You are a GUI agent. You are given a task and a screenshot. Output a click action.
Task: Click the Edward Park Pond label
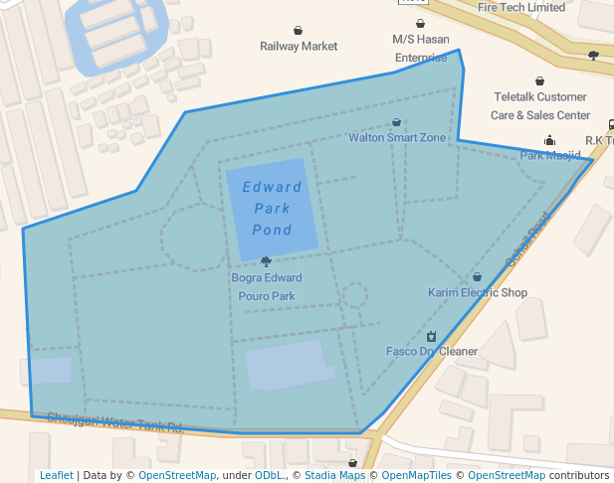pos(272,209)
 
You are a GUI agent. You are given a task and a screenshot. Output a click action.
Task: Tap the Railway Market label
pos(299,46)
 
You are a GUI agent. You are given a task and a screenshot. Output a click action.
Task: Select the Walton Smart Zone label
pos(397,137)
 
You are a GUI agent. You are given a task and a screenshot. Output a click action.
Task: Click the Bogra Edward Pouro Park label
pos(266,287)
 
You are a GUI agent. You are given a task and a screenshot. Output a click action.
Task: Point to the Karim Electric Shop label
pos(478,292)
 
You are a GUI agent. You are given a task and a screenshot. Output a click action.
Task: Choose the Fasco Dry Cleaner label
pos(432,351)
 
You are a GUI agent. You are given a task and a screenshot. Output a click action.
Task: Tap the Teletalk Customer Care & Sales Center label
pos(541,105)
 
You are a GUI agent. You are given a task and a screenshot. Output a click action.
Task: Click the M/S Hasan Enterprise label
pos(420,47)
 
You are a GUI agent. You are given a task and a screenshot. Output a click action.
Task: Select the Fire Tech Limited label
pos(521,7)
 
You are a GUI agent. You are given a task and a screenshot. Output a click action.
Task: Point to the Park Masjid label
pos(550,155)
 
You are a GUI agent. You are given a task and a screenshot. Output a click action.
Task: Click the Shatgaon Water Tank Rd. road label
pos(115,422)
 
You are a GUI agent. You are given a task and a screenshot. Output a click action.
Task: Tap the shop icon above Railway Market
pos(299,31)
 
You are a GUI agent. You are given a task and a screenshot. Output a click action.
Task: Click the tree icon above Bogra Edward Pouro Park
pos(266,261)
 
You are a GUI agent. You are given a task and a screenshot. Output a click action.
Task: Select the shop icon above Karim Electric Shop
pos(477,277)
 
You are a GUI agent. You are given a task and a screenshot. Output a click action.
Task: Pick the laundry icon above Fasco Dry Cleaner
pos(431,336)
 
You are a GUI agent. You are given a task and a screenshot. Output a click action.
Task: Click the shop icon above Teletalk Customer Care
pos(540,81)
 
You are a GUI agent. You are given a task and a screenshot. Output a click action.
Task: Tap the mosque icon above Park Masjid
pos(550,140)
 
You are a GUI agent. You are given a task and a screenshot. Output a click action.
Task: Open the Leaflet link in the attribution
pos(56,475)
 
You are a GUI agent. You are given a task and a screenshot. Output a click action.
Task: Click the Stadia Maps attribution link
pos(334,475)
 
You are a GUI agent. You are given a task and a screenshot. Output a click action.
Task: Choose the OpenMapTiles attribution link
pos(418,475)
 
